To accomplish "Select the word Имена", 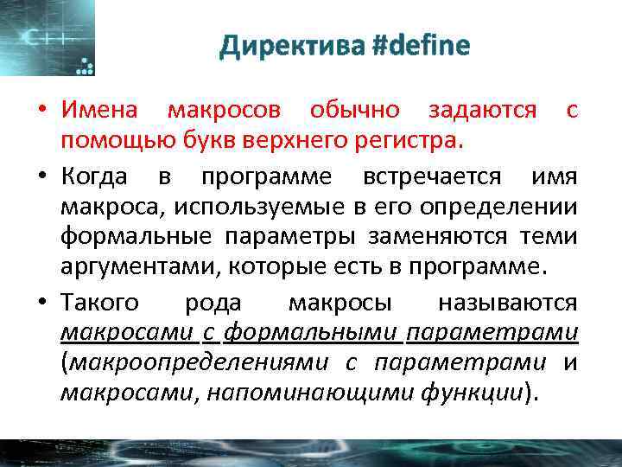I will click(x=98, y=111).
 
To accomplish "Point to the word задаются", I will click(x=483, y=111).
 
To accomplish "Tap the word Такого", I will click(x=99, y=303).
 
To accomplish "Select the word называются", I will click(x=508, y=303).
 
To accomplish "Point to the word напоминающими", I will click(x=321, y=391).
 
